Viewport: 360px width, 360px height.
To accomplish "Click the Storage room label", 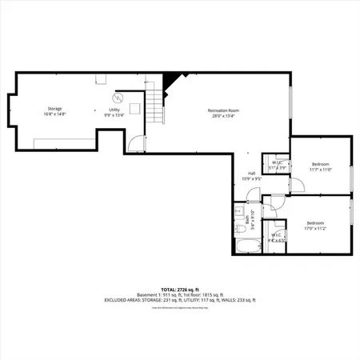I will point(54,111).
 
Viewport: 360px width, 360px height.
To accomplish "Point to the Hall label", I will point(251,176).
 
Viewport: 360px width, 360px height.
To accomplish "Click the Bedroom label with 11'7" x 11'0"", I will point(320,166).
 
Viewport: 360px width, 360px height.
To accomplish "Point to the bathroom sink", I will point(239,212).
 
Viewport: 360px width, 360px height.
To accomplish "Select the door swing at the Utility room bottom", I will point(137,146).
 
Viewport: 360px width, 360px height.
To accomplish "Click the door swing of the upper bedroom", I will point(295,184).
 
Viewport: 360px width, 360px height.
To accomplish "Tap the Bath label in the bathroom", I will point(252,220).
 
